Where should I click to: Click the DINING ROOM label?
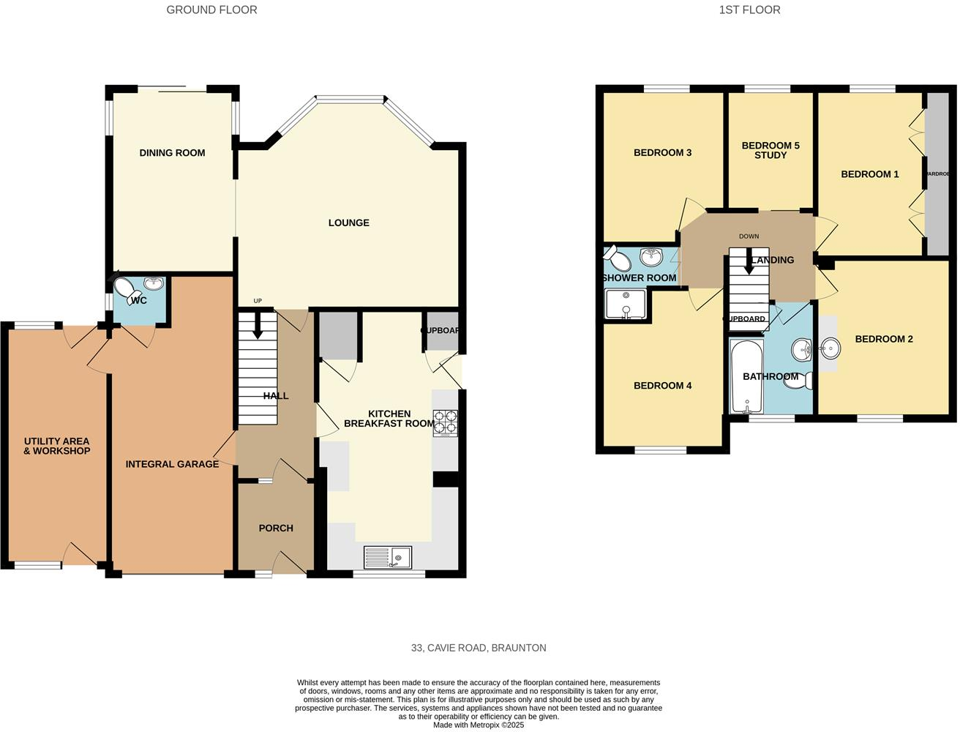(x=172, y=153)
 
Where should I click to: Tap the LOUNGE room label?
(x=348, y=223)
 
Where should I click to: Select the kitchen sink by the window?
(x=387, y=558)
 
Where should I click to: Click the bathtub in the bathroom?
(x=746, y=376)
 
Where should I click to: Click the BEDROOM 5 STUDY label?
(x=770, y=150)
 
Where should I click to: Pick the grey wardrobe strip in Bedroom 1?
(x=937, y=174)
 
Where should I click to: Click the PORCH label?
(x=276, y=528)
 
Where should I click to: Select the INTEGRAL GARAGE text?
(x=172, y=464)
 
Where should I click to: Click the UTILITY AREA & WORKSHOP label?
(x=57, y=446)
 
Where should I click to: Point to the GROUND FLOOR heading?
(x=211, y=10)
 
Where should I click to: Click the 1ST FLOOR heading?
(x=749, y=10)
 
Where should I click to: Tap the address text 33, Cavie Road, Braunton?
(x=479, y=648)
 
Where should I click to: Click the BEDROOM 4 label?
(x=662, y=386)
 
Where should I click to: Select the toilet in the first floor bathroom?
(x=805, y=381)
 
